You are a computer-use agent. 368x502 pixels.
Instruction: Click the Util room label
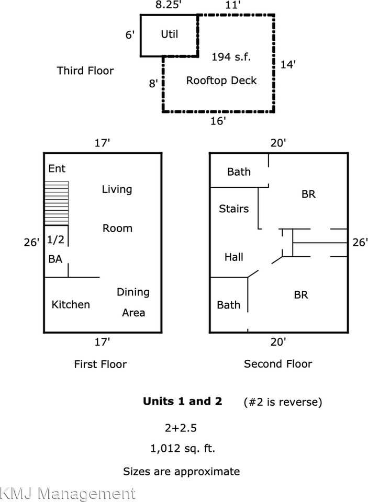click(169, 34)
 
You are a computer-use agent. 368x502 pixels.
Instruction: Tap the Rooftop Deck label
click(221, 81)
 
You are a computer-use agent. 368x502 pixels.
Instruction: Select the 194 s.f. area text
click(231, 57)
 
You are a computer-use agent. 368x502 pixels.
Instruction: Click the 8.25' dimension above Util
click(169, 5)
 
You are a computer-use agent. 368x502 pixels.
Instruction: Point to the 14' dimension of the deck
click(288, 65)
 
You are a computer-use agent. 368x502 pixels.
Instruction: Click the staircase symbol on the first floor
click(57, 203)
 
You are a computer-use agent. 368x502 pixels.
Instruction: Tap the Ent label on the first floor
click(57, 169)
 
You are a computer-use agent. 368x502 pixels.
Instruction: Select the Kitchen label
click(71, 304)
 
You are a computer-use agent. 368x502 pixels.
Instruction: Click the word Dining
click(133, 292)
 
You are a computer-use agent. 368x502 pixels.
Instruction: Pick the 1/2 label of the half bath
click(56, 239)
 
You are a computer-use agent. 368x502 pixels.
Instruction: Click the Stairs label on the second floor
click(233, 209)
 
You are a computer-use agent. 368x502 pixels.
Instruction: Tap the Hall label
click(233, 257)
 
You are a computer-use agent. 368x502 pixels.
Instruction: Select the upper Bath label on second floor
click(239, 172)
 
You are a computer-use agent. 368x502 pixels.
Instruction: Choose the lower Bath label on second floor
click(229, 305)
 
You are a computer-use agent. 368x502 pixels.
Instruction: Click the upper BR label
click(308, 194)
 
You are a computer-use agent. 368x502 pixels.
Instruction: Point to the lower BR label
click(300, 295)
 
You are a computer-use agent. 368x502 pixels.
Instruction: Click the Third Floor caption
click(85, 71)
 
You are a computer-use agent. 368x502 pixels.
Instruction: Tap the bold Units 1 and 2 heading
click(182, 402)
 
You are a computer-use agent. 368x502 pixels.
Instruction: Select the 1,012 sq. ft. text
click(182, 449)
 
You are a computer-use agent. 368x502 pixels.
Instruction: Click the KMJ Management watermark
click(68, 493)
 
